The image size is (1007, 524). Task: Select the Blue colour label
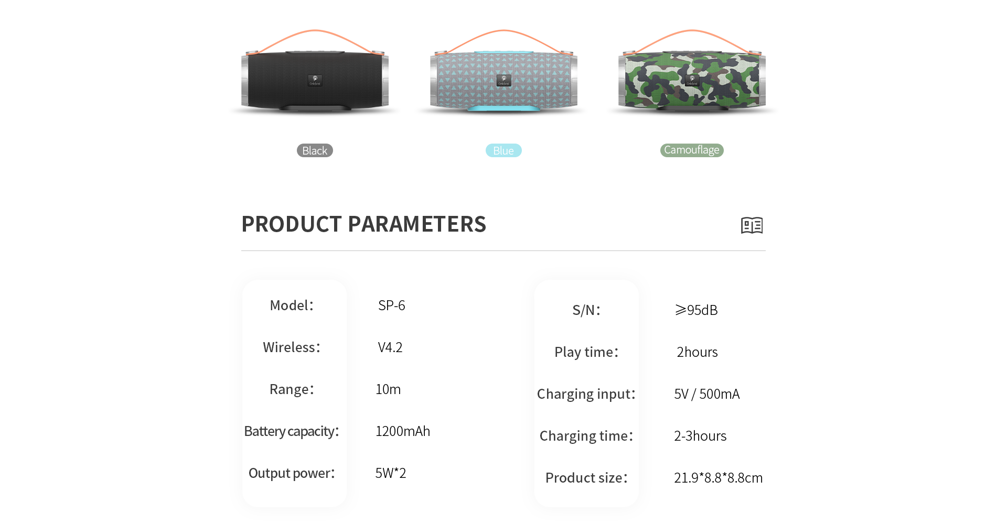pos(504,150)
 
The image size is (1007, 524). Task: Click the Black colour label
pos(315,150)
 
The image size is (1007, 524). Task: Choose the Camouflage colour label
pos(692,150)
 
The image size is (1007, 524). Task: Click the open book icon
pos(752,225)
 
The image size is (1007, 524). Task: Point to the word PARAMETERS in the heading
pos(417,224)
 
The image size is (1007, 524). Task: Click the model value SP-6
pos(392,305)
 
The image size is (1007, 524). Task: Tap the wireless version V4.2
pos(390,347)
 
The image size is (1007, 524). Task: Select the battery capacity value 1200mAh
pos(403,431)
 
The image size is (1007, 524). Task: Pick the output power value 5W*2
pos(391,473)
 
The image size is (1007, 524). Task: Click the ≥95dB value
pos(697,310)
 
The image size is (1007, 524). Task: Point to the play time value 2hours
pos(697,352)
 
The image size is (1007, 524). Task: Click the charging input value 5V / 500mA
pos(707,394)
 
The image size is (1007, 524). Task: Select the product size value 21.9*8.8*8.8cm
pos(719,478)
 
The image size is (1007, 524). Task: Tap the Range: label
pos(292,389)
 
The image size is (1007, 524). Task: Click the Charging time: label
pos(586,436)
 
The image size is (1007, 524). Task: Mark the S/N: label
pos(586,310)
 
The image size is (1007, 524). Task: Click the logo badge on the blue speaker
pos(504,80)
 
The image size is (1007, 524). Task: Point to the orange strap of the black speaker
pos(315,31)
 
